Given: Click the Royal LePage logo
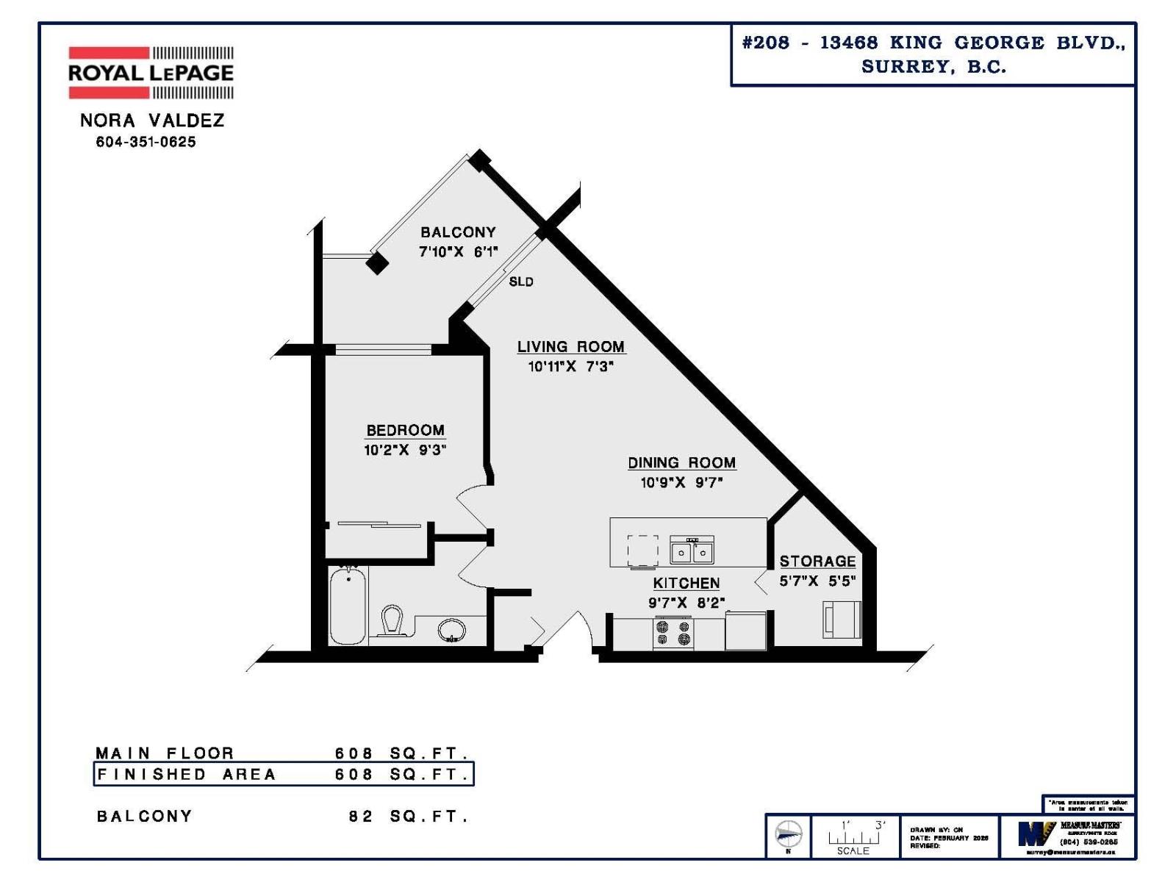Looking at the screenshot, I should click(151, 72).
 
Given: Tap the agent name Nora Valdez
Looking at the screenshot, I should click(152, 121).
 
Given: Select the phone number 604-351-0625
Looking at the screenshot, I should click(146, 142).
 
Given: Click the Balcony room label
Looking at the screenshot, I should click(458, 232).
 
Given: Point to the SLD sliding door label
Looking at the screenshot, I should click(521, 282).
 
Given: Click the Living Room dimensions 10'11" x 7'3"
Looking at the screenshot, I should click(570, 366).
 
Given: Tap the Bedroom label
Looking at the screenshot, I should click(405, 430).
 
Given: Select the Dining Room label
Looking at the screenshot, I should click(681, 462).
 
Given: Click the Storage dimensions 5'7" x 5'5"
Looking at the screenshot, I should click(817, 581).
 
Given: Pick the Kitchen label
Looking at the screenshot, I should click(686, 583).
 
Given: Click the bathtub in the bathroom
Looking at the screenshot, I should click(348, 606).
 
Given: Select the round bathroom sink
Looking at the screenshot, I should click(451, 630).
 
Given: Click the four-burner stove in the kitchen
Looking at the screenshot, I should click(673, 634).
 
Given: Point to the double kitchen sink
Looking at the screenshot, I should click(692, 551).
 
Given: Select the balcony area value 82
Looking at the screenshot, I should click(360, 817).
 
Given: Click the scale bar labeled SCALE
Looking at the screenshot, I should click(853, 838).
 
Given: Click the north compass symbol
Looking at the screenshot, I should click(789, 835).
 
